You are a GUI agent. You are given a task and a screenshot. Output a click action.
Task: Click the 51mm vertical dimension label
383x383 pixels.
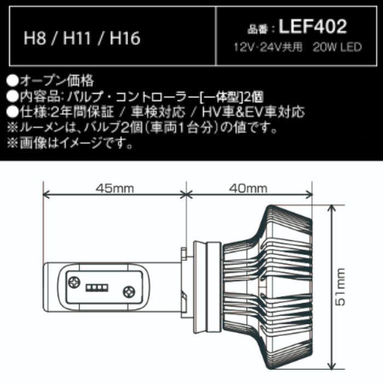342,287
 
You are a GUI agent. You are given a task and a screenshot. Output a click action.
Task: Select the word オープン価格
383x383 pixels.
57,82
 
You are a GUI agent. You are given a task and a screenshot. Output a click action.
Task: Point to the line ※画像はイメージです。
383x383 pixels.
69,145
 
